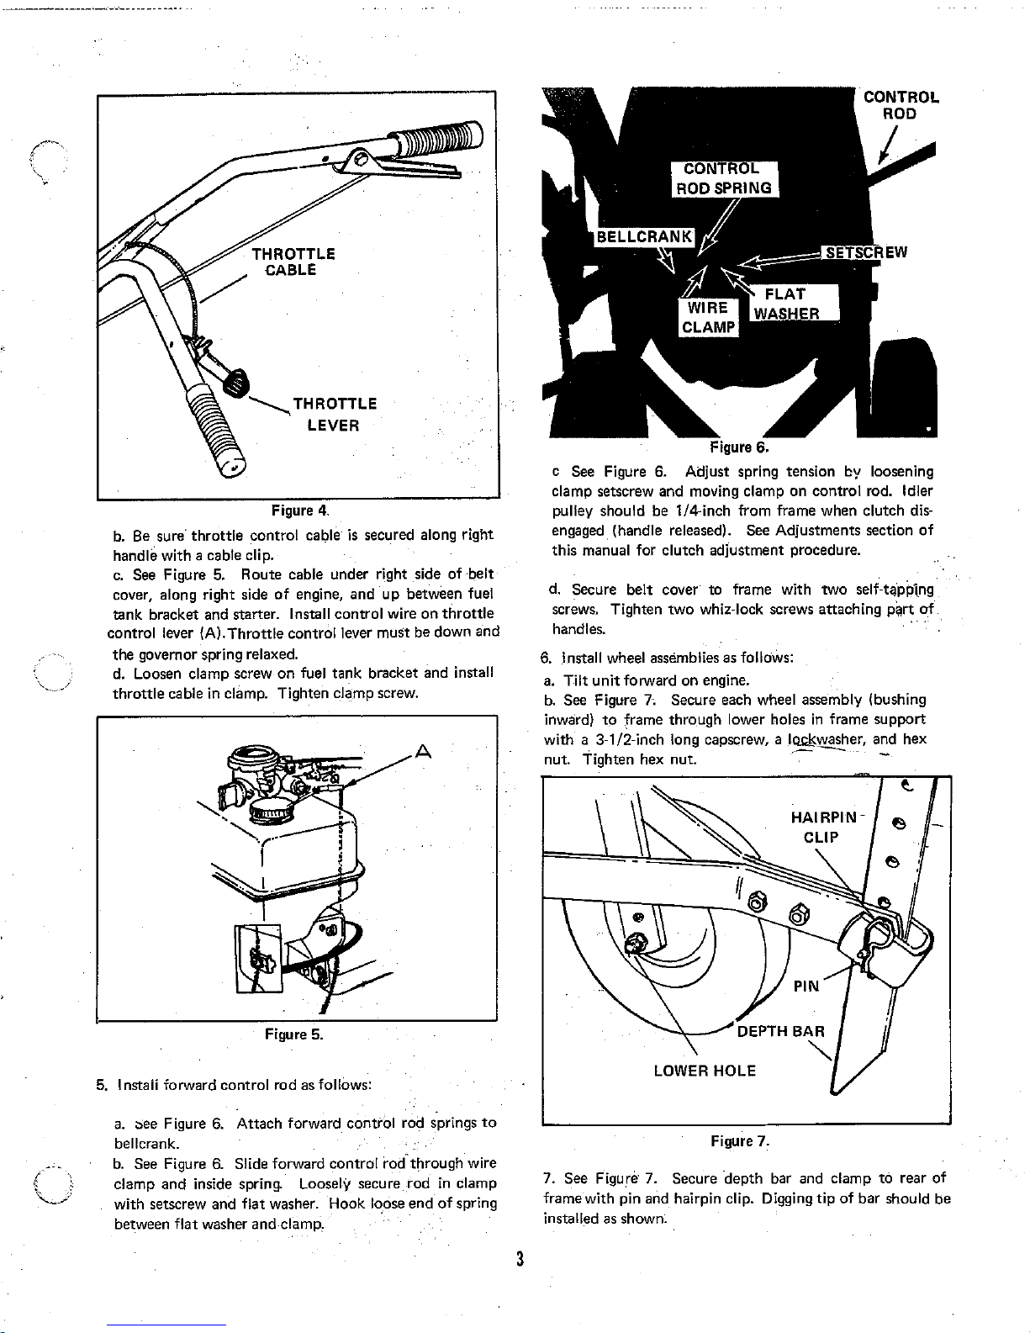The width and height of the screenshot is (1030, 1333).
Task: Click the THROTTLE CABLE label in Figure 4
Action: pos(293,262)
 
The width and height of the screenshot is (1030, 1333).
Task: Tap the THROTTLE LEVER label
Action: pos(334,415)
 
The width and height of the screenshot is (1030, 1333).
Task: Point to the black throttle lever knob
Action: pos(236,384)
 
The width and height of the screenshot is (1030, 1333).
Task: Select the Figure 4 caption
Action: pos(299,510)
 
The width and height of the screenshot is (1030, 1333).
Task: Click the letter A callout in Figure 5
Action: pos(424,750)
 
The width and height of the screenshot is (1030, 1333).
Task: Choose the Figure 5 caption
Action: pos(293,1034)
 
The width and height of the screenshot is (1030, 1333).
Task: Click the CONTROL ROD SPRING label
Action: pos(726,178)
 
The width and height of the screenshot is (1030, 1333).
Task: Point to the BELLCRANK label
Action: pos(644,236)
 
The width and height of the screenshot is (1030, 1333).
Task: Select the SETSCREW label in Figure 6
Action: pos(866,252)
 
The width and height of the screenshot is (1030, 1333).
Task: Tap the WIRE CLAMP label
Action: pos(708,318)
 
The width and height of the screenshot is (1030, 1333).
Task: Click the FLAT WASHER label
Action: pos(786,304)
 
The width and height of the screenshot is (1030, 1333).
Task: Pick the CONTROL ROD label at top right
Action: pos(901,105)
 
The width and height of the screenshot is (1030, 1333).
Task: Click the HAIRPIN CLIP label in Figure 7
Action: pos(822,827)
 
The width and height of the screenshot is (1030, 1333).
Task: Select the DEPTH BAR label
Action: pos(780,1031)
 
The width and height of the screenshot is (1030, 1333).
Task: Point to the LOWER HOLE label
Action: pos(705,1071)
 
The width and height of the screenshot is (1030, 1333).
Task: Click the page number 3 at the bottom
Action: pos(520,1259)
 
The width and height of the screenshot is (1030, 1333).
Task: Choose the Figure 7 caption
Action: pos(740,1141)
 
